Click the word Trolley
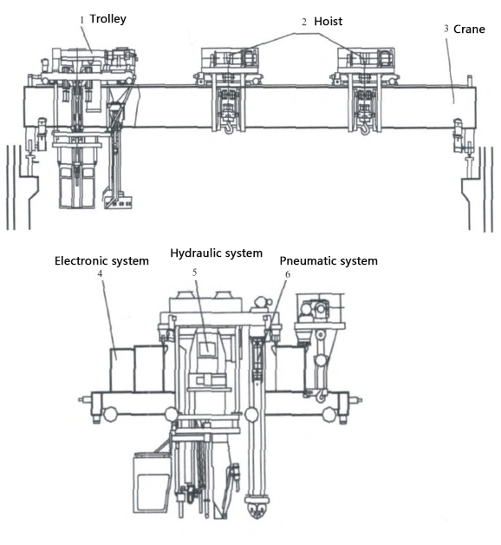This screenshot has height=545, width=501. point(108,19)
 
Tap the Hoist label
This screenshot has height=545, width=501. point(329,22)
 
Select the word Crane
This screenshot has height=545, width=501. point(469,30)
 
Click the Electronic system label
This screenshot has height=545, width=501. point(101,260)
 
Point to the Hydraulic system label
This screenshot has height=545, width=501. point(217,253)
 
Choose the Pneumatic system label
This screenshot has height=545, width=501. point(329,260)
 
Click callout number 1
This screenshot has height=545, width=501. point(82,20)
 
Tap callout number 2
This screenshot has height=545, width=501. point(304,22)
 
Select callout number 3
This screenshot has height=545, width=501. point(446,29)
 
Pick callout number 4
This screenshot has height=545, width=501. point(100,274)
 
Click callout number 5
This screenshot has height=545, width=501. point(194,272)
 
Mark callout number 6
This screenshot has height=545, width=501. point(288,274)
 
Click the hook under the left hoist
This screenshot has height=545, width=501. point(229,128)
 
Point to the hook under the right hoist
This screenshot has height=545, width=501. point(365,128)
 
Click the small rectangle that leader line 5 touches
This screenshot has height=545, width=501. point(206,348)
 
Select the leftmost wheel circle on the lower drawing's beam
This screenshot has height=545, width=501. point(110,414)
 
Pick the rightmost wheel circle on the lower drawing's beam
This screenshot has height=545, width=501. point(329,414)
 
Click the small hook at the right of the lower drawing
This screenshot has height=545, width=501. point(322,396)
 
